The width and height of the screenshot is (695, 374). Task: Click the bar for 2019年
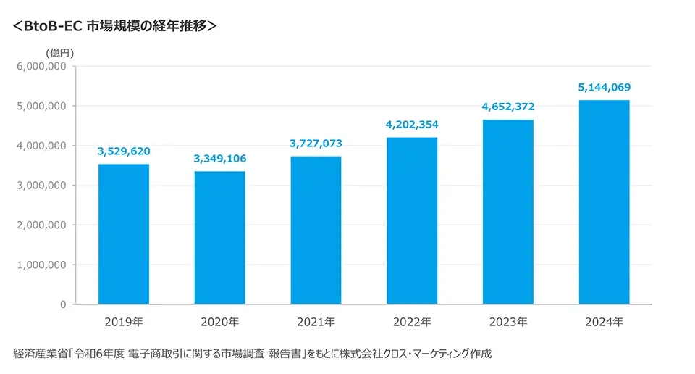point(124,234)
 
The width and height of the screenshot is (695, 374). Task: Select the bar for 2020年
point(219,238)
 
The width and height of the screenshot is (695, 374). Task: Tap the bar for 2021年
point(316,230)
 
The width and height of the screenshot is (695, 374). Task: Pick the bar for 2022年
point(412,221)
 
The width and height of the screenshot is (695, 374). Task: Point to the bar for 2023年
point(508,212)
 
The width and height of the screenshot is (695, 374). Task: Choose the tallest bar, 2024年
point(604,202)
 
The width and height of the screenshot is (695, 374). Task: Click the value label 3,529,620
point(124,151)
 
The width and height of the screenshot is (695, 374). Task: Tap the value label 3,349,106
point(219,159)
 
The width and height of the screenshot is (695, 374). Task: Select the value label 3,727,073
point(316,144)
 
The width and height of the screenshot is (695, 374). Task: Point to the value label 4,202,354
point(412,125)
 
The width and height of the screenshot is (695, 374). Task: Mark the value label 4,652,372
point(508,107)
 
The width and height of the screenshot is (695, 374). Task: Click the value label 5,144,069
point(604,88)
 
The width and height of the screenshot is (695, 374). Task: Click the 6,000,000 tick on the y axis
point(41,66)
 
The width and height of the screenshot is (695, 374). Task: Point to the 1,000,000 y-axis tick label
point(41,265)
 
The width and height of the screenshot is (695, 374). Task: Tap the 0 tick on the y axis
point(63,304)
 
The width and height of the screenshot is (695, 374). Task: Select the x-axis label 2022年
point(412,321)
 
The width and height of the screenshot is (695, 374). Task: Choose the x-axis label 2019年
point(124,321)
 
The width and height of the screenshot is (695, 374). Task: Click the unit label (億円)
point(59,52)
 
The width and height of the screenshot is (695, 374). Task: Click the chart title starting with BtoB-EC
point(114,25)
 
